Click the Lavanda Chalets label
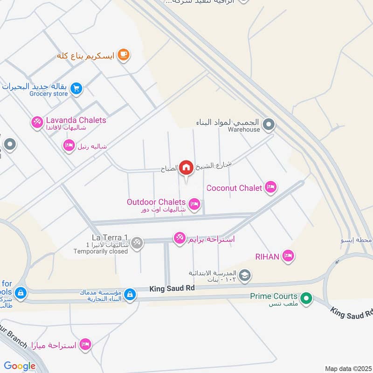pos(76,120)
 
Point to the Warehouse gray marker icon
pos(268,124)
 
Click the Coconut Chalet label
pos(235,188)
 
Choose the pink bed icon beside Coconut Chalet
pos(270,187)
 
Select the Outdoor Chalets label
pos(156,202)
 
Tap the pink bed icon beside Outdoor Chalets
pos(194,204)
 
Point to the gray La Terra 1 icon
pos(137,242)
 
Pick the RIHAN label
pos(267,256)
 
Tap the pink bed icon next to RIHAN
pos(289,256)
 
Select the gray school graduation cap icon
pos(245,276)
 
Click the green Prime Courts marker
pos(306,297)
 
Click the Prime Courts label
pos(274,296)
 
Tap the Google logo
pos(20,366)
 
